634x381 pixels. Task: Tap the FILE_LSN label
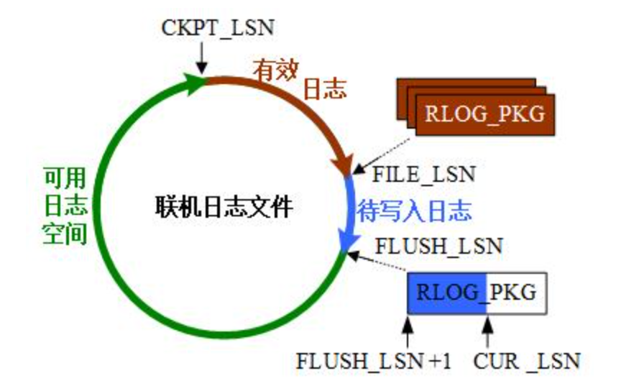(424, 174)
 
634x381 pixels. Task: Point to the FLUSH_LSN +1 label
(374, 359)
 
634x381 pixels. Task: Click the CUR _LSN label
(527, 359)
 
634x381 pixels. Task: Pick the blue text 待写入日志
(414, 211)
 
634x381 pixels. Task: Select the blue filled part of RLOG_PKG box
(446, 293)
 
